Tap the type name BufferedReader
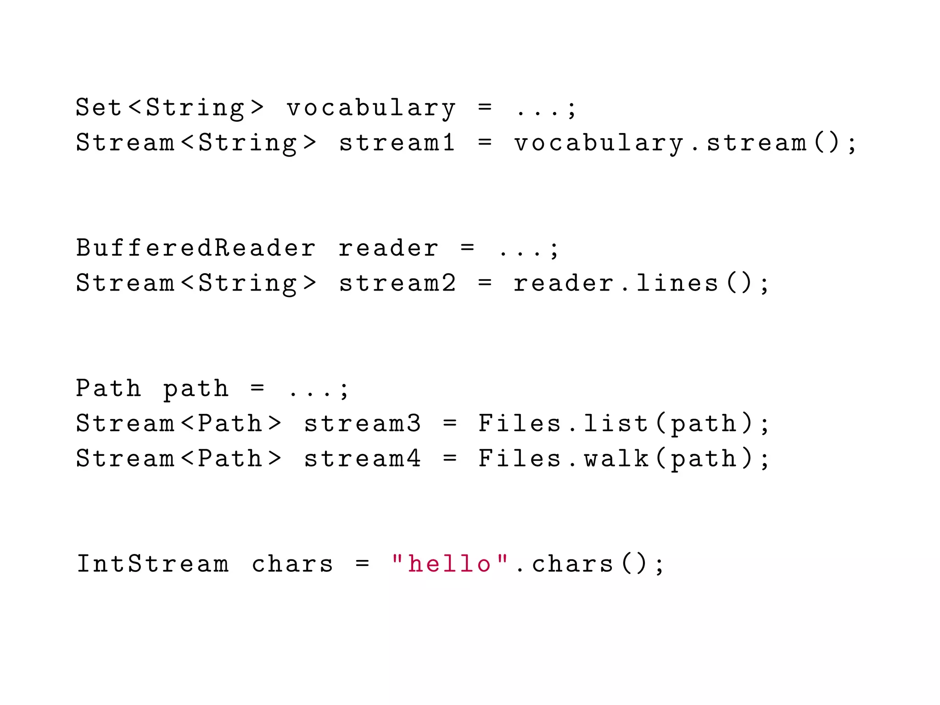pos(196,248)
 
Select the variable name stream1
pos(397,142)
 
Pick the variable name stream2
pos(397,283)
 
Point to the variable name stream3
pos(362,423)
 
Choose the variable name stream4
pos(362,459)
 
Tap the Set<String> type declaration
pos(170,108)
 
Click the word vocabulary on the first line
pos(371,108)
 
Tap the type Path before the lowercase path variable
pos(109,388)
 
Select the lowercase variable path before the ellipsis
pos(196,389)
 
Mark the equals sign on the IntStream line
pos(362,564)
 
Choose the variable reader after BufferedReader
pos(388,248)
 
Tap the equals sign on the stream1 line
pos(485,142)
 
